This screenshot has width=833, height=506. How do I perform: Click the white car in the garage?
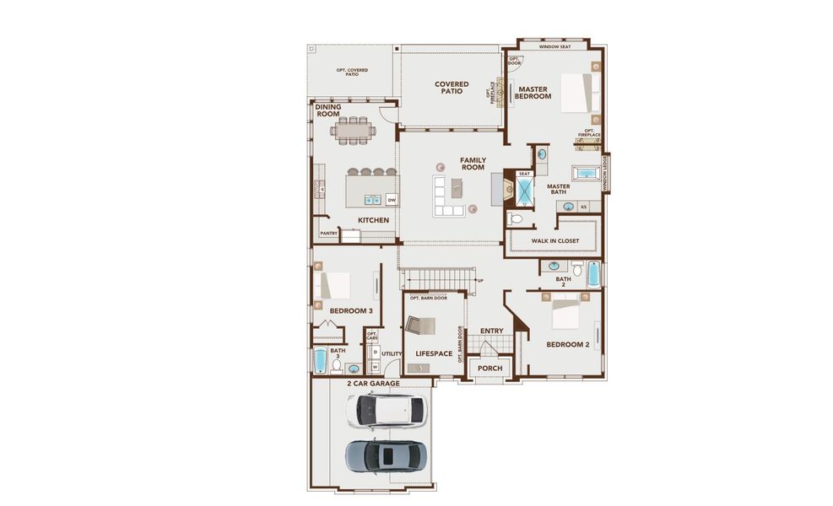tap(386, 410)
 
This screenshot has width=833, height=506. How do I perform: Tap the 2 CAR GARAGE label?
tap(373, 384)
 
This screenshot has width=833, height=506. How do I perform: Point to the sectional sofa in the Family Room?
tap(447, 196)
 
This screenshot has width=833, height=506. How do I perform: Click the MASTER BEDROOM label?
tap(533, 93)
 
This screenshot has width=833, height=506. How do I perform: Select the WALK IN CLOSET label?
tap(554, 241)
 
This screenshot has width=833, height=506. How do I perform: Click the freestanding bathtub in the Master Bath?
tap(586, 174)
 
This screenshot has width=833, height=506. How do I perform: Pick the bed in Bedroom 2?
tap(566, 315)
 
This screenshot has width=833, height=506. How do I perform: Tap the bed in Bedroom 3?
tap(333, 286)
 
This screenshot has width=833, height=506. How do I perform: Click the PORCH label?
tap(490, 369)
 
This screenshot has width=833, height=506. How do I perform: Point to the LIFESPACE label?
tap(434, 353)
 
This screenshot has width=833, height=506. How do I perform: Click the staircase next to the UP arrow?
tap(437, 278)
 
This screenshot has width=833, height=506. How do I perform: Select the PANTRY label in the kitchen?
tap(328, 233)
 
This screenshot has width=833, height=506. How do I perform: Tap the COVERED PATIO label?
tap(452, 87)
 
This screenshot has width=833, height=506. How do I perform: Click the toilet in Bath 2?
tap(577, 271)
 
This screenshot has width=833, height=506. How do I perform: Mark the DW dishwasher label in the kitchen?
tap(392, 200)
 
